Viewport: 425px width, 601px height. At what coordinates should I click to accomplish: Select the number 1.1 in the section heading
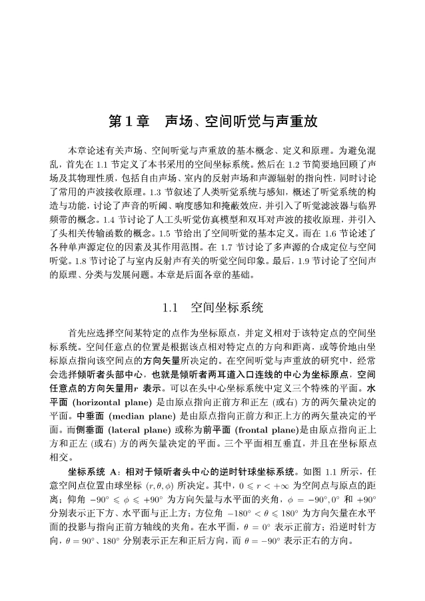pos(171,308)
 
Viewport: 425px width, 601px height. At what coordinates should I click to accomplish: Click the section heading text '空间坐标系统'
pos(227,308)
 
